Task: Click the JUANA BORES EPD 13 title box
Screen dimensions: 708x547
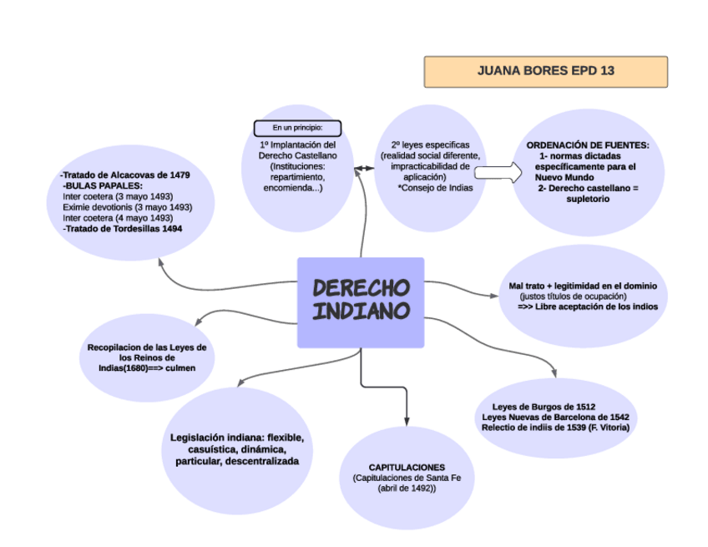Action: click(x=545, y=72)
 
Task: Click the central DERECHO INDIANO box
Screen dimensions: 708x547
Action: click(x=361, y=301)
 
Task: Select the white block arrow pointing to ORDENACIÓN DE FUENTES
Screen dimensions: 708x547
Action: click(x=496, y=171)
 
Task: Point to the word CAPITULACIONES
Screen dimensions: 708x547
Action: click(x=407, y=467)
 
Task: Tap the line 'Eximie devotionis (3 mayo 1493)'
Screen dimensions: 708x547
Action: click(x=127, y=207)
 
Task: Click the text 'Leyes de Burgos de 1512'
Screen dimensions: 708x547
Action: click(x=544, y=407)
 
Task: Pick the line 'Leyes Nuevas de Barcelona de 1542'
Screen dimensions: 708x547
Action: click(x=555, y=417)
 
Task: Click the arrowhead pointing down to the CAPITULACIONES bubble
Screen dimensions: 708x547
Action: click(x=407, y=418)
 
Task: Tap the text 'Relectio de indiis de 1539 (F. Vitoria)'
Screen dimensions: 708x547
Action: click(x=555, y=428)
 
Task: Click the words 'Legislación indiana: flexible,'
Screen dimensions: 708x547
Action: click(x=236, y=438)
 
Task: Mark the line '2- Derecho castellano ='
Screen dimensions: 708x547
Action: click(x=588, y=189)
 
